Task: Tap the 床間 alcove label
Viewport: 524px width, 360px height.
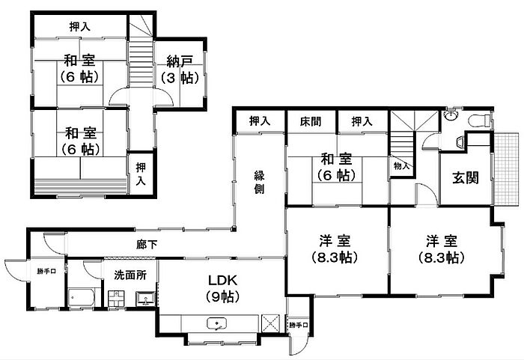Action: [x=311, y=120]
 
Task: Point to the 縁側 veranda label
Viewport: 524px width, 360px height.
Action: [x=259, y=182]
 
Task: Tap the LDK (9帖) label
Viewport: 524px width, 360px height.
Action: [x=223, y=287]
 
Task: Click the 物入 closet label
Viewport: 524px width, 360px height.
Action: [x=400, y=165]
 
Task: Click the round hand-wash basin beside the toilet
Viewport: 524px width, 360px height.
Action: [x=450, y=115]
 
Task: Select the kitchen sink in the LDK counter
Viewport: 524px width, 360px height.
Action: [x=218, y=324]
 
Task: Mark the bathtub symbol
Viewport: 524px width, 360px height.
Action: [x=79, y=296]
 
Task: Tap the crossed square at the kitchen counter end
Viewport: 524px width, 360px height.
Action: [x=271, y=323]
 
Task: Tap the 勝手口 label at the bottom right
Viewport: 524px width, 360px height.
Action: [x=298, y=325]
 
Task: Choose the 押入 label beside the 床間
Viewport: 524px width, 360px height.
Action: [x=362, y=120]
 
